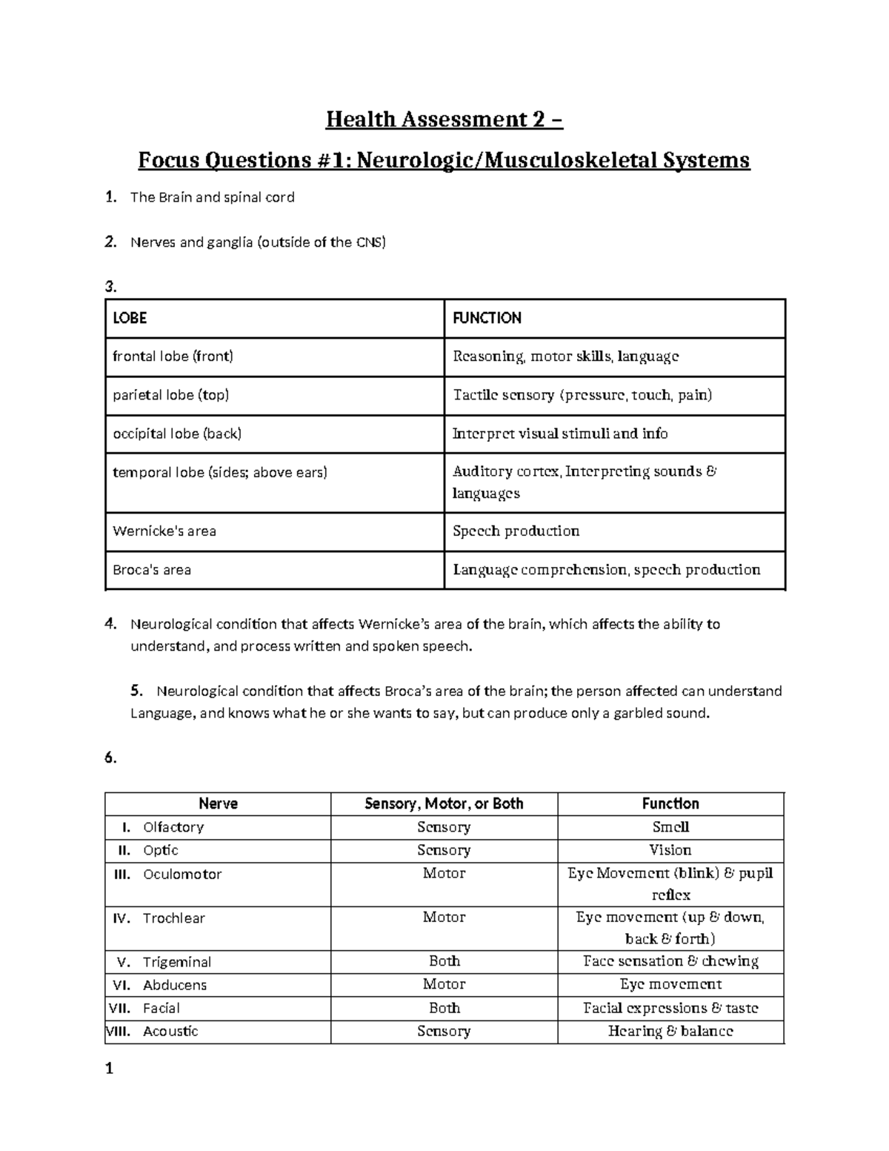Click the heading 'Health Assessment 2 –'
[x=444, y=119]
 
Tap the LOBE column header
[x=130, y=318]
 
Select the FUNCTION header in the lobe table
[x=487, y=318]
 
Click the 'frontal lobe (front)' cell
[x=173, y=356]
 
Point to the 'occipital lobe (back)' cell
[x=177, y=434]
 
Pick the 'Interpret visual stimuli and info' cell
[x=560, y=434]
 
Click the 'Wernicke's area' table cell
[x=164, y=531]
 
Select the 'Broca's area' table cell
[x=152, y=570]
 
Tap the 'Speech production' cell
[x=516, y=531]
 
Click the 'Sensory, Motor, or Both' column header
[x=444, y=803]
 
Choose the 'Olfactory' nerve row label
[x=173, y=827]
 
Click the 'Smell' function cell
[x=670, y=827]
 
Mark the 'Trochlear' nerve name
[x=174, y=918]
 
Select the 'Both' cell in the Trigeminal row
[x=444, y=961]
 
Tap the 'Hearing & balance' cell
[x=670, y=1031]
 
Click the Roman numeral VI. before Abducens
[x=122, y=985]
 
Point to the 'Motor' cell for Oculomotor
[x=444, y=874]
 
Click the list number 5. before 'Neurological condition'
[x=136, y=691]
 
